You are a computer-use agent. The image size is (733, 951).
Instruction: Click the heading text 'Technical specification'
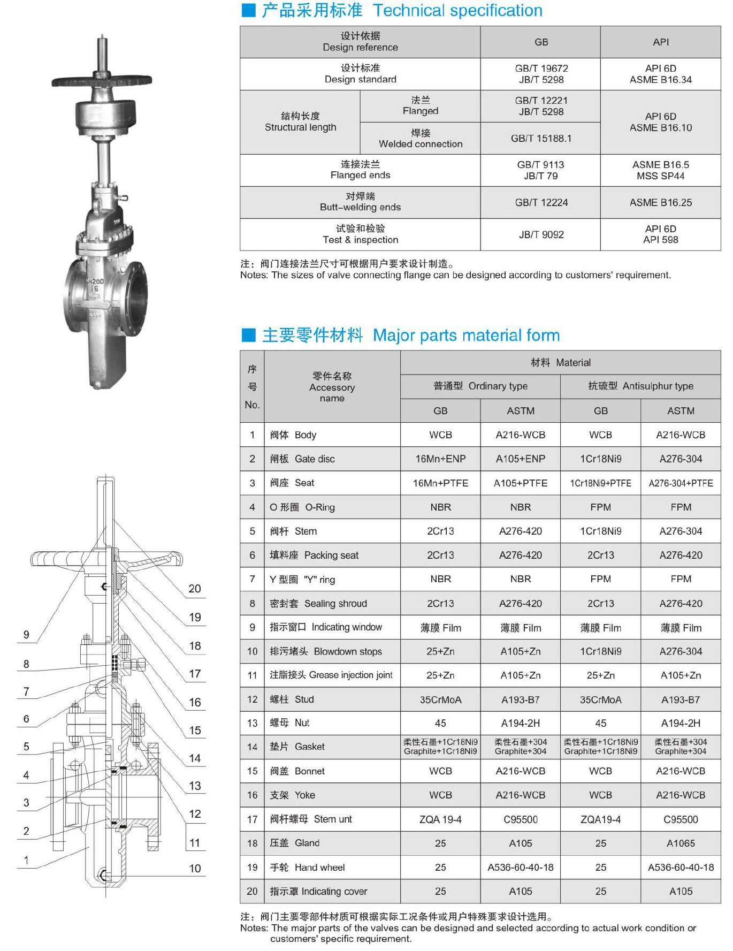tap(457, 10)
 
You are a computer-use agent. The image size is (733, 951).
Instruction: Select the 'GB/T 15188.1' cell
tap(541, 138)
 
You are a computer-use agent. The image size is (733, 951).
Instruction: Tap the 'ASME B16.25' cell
tap(660, 202)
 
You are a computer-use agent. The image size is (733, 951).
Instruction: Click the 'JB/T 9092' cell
tap(541, 234)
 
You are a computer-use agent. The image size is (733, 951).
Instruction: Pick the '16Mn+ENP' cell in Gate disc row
tap(440, 459)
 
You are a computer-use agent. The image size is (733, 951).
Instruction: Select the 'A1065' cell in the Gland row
tap(681, 843)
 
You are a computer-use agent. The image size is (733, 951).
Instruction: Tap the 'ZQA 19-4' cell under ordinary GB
tap(440, 819)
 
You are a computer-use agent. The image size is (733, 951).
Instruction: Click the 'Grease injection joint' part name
tap(331, 675)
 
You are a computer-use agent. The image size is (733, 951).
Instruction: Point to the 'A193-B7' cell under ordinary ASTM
tap(520, 699)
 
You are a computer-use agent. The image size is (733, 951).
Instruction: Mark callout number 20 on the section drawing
tap(195, 589)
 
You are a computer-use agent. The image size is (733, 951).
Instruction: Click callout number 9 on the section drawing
tap(26, 635)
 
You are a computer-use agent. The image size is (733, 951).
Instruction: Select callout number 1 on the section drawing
tap(26, 860)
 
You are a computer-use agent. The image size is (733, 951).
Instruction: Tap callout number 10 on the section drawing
tap(195, 868)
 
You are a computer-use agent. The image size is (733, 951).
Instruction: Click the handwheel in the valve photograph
tap(102, 81)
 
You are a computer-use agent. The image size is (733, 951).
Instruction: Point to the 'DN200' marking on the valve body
tap(95, 281)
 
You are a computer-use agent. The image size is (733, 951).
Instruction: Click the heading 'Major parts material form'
tap(465, 335)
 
